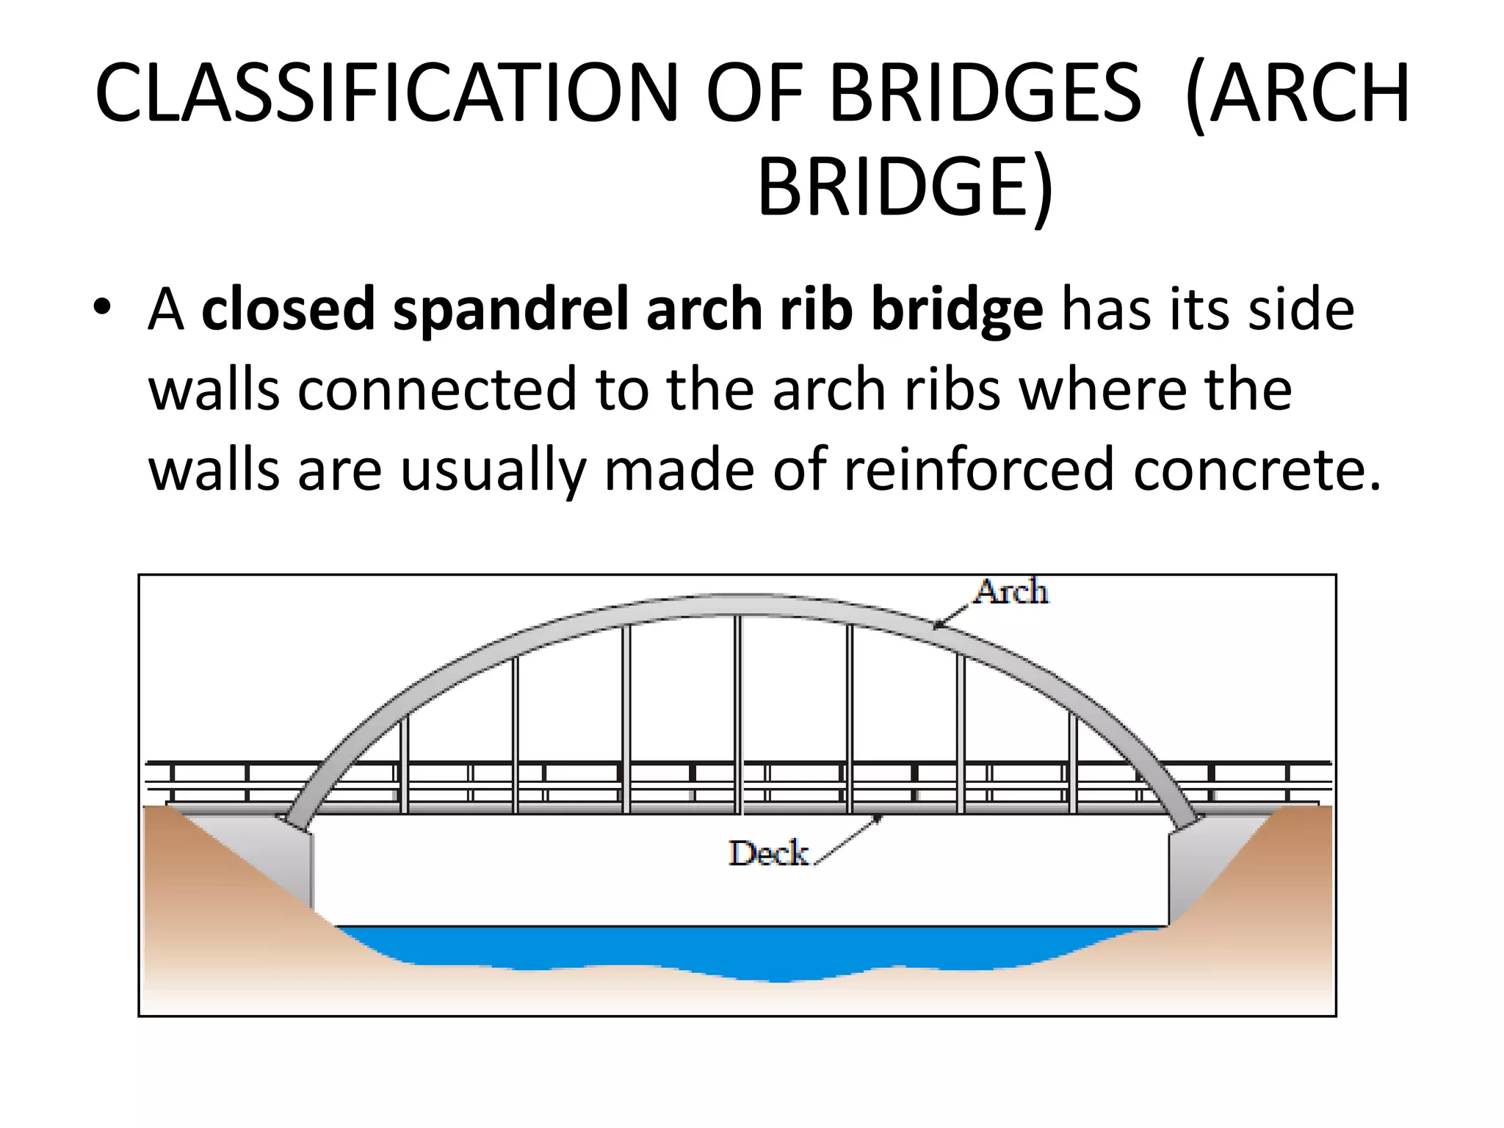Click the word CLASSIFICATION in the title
(386, 94)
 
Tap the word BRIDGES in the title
(984, 94)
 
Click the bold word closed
(288, 308)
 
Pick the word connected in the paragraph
(436, 389)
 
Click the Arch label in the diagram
(1011, 592)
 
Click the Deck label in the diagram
(768, 853)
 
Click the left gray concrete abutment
(286, 859)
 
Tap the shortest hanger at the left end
(404, 764)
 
